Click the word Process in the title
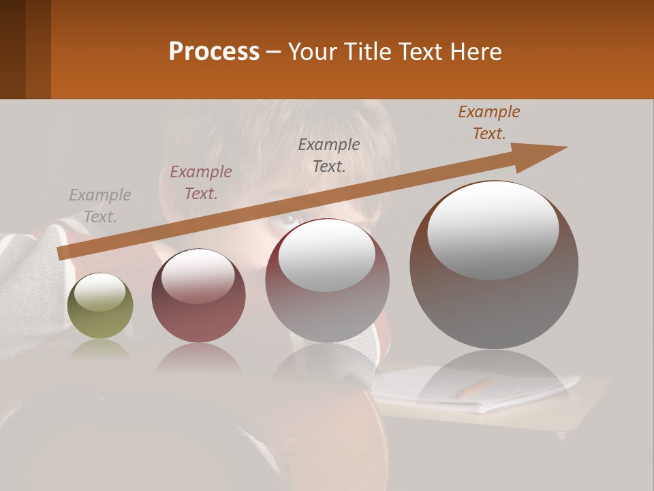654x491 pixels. pos(214,52)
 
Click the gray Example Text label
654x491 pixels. pos(100,206)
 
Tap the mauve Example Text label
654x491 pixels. pos(201,183)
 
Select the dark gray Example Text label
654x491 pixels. pos(329,155)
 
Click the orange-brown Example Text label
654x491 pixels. pos(488,123)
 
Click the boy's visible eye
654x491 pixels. pos(289,219)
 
